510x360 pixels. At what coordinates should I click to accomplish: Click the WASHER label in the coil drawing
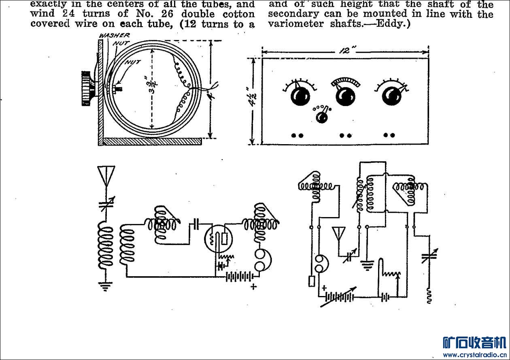click(x=114, y=36)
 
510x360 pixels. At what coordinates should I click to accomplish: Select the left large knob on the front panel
click(x=300, y=96)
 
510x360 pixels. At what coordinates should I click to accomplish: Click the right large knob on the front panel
click(x=391, y=96)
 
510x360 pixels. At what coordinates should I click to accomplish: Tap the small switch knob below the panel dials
click(x=322, y=117)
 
